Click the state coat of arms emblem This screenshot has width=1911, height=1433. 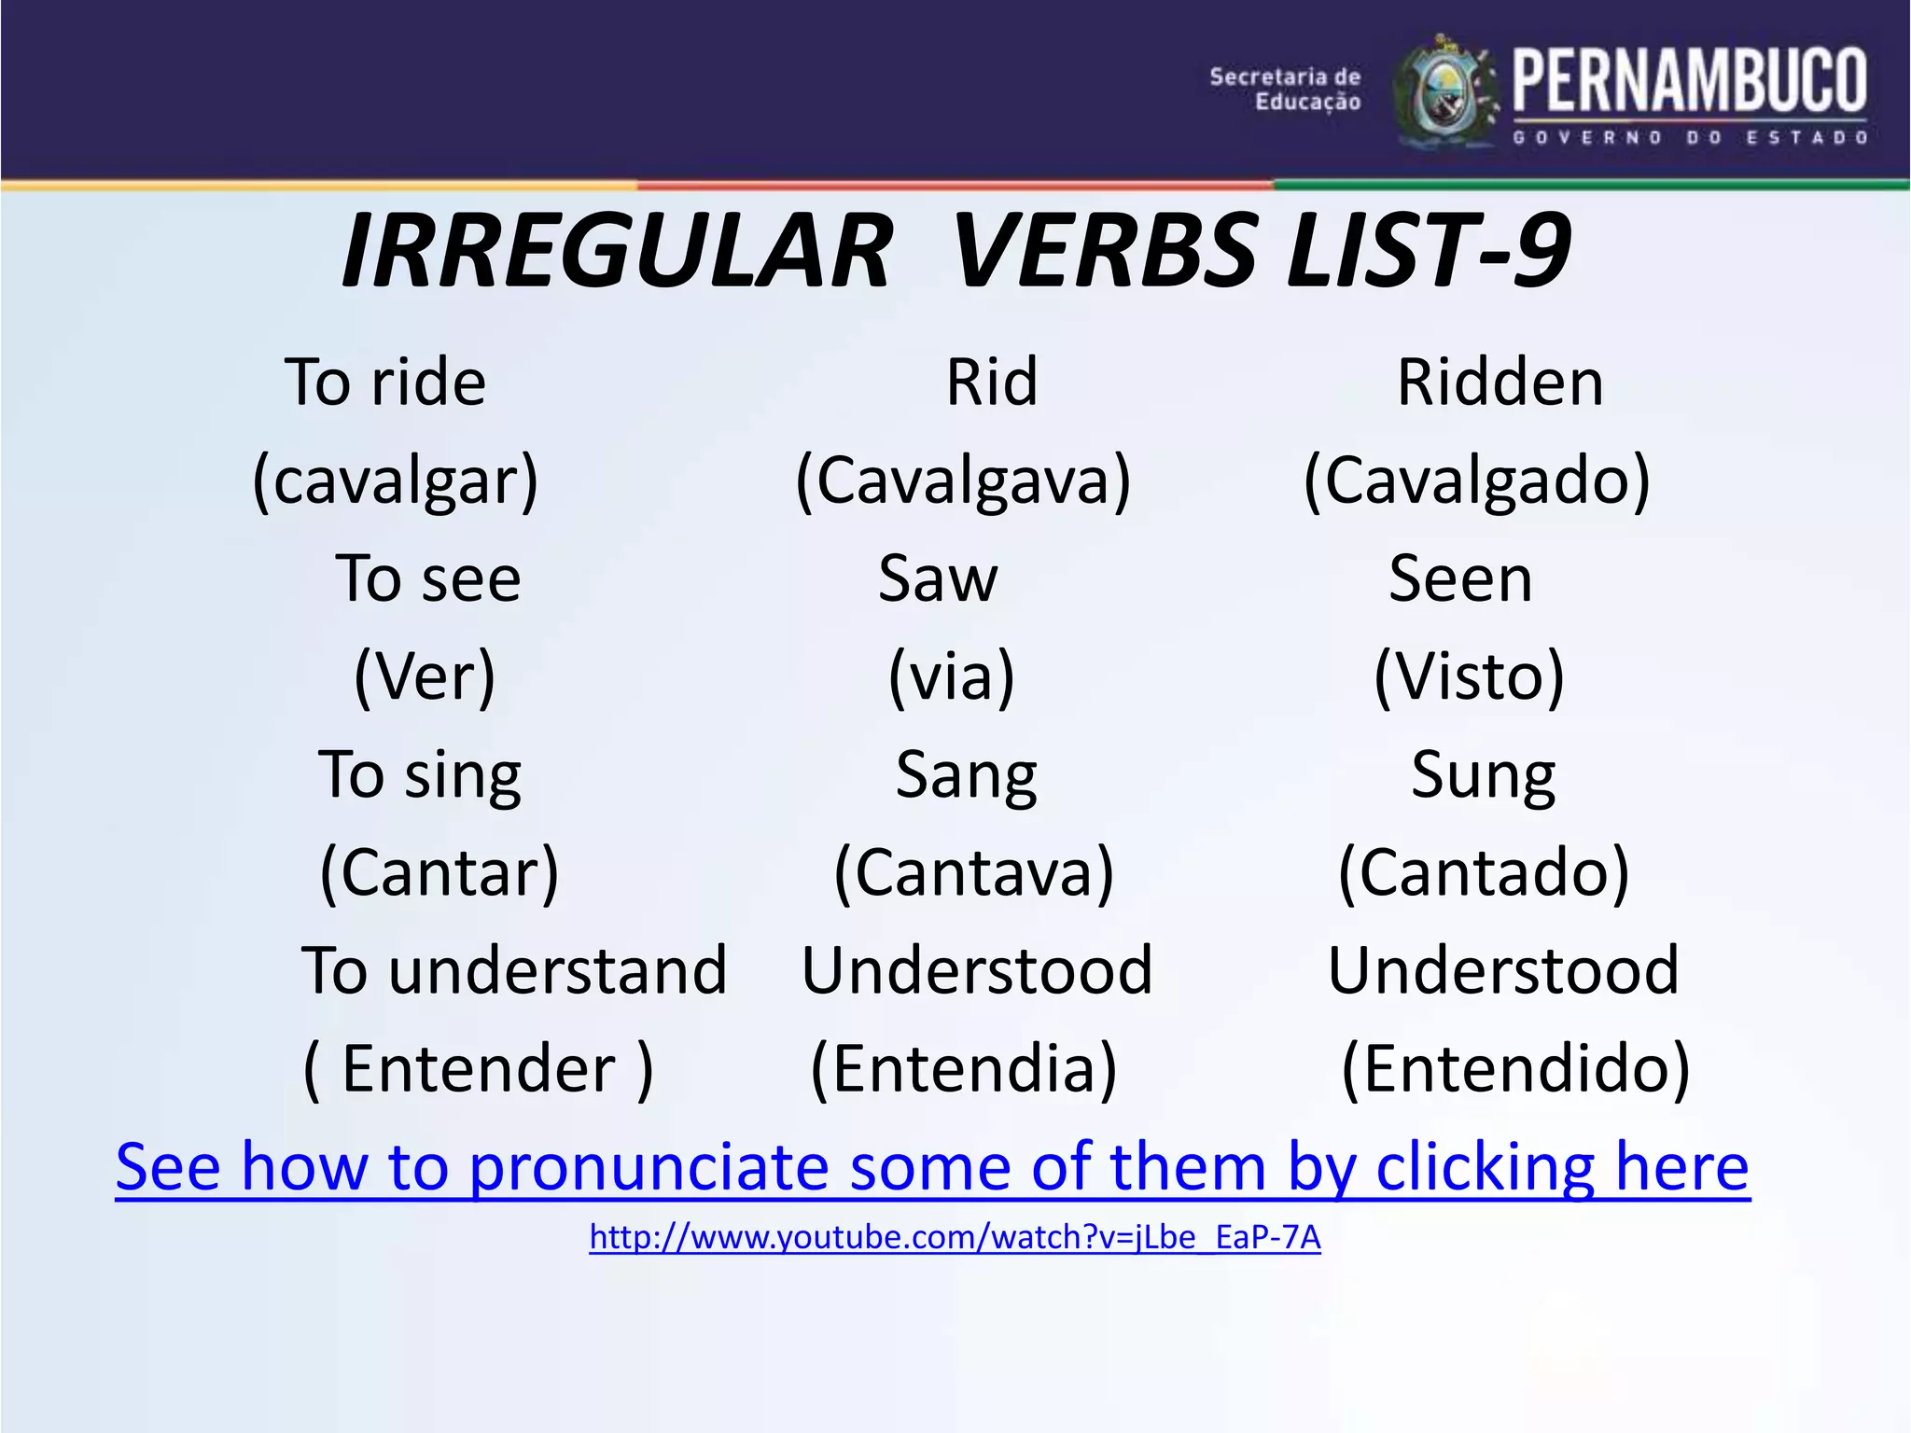pos(1446,93)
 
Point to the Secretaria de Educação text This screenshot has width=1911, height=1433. pos(1286,90)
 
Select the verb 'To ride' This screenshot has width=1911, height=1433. pos(385,383)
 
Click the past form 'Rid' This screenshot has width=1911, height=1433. pos(991,383)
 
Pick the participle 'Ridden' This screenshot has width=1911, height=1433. pos(1500,383)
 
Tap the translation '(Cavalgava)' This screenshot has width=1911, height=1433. pos(963,480)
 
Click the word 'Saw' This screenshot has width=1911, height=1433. pos(938,578)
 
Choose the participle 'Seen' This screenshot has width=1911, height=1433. pos(1460,578)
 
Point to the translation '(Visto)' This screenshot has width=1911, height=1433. pos(1469,676)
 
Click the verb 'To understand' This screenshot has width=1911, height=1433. pos(513,970)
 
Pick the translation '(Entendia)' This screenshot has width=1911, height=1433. pos(963,1069)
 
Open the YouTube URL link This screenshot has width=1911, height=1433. pos(955,1237)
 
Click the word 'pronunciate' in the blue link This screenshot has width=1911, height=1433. pos(649,1168)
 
